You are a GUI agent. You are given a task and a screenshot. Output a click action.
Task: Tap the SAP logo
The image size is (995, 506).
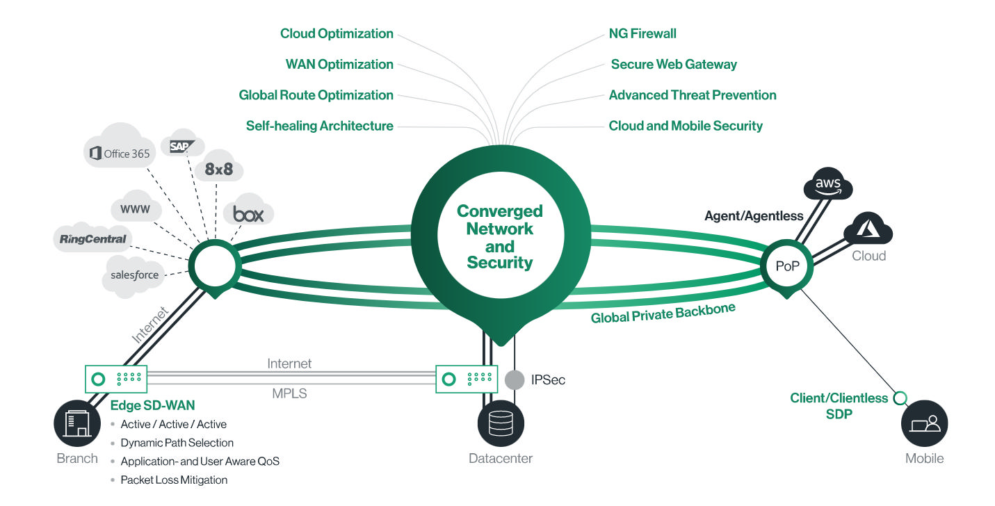pyautogui.click(x=181, y=146)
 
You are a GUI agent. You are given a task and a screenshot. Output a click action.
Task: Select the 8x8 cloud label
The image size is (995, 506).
pyautogui.click(x=218, y=169)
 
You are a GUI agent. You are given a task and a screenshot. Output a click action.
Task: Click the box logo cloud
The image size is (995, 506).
pyautogui.click(x=248, y=210)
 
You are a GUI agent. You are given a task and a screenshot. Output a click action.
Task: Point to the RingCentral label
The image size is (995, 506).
pyautogui.click(x=93, y=239)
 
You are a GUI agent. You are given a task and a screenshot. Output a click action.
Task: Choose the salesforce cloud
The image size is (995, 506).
pyautogui.click(x=134, y=275)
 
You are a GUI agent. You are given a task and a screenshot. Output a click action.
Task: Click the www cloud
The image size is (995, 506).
pyautogui.click(x=136, y=207)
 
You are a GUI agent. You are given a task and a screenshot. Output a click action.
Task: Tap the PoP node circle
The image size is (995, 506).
pyautogui.click(x=786, y=266)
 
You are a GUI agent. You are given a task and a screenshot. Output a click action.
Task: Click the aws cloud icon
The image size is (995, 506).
pyautogui.click(x=828, y=183)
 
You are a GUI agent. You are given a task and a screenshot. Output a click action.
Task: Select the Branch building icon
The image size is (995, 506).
pyautogui.click(x=77, y=423)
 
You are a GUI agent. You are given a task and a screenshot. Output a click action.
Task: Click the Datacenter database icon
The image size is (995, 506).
pyautogui.click(x=501, y=423)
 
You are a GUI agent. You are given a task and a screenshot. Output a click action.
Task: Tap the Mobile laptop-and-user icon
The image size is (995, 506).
pyautogui.click(x=924, y=423)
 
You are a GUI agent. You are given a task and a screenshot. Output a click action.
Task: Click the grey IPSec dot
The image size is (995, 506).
pyautogui.click(x=515, y=380)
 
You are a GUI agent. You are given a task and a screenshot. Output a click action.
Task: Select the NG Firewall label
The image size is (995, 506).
pyautogui.click(x=642, y=33)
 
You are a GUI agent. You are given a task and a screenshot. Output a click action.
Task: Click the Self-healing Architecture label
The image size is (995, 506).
pyautogui.click(x=319, y=126)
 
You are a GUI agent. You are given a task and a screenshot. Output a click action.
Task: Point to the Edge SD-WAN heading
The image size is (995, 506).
pyautogui.click(x=152, y=405)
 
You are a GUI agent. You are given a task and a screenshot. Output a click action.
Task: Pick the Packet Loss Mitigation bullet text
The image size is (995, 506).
pyautogui.click(x=174, y=480)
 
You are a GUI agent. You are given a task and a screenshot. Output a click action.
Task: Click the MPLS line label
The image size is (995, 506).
pyautogui.click(x=289, y=393)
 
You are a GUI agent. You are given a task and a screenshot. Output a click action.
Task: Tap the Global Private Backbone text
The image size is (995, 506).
pyautogui.click(x=663, y=313)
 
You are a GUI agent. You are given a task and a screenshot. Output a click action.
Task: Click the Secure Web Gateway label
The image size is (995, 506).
pyautogui.click(x=673, y=65)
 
